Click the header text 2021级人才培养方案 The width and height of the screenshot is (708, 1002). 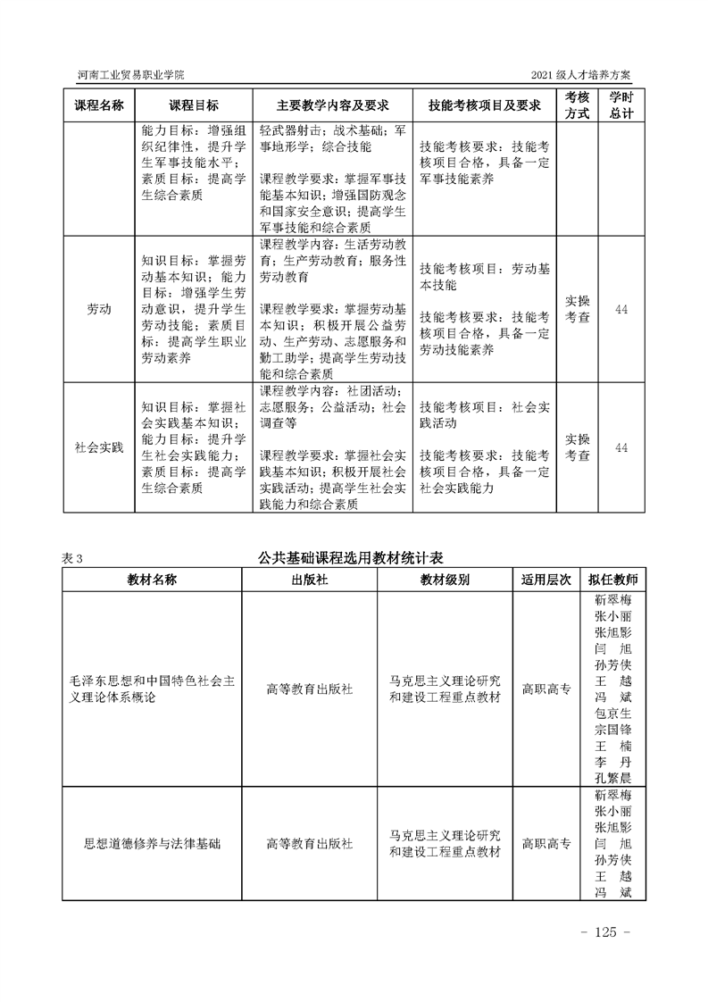click(x=587, y=74)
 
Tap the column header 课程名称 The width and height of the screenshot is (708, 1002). click(x=98, y=104)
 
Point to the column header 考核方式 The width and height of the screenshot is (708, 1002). click(x=578, y=104)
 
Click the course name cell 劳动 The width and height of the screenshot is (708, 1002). click(x=98, y=309)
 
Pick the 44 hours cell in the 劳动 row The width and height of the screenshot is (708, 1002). click(x=621, y=309)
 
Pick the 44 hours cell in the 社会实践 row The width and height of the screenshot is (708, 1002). click(x=621, y=447)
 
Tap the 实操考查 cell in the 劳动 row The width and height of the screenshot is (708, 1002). click(x=578, y=309)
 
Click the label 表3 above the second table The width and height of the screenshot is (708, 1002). click(x=71, y=558)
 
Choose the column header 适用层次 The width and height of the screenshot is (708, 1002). click(x=546, y=579)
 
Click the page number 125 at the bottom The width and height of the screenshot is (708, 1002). click(x=604, y=932)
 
